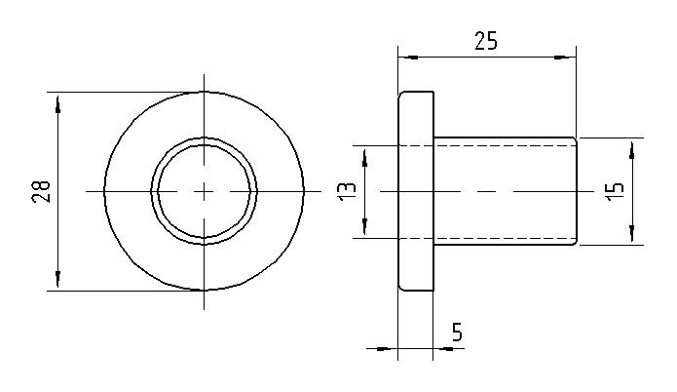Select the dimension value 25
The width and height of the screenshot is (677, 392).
(x=486, y=41)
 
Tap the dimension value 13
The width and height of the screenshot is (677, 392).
(x=347, y=191)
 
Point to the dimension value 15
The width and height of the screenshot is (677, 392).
(x=614, y=190)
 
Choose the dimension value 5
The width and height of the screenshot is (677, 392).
(x=456, y=333)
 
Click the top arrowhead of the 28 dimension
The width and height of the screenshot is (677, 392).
(x=57, y=101)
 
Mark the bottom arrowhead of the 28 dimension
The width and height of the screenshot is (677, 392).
(x=57, y=281)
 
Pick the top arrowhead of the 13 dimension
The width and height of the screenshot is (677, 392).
(x=365, y=154)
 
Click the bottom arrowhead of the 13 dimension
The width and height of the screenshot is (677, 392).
(x=365, y=228)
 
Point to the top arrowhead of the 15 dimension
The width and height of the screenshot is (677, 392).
(x=633, y=148)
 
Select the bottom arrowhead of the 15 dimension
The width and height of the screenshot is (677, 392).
(x=633, y=235)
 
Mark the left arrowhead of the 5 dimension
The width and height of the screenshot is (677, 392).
(x=389, y=348)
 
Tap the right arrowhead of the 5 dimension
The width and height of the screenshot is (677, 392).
(x=442, y=348)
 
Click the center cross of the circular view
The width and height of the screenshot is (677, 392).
(x=204, y=191)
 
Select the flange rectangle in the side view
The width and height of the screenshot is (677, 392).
(x=416, y=191)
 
